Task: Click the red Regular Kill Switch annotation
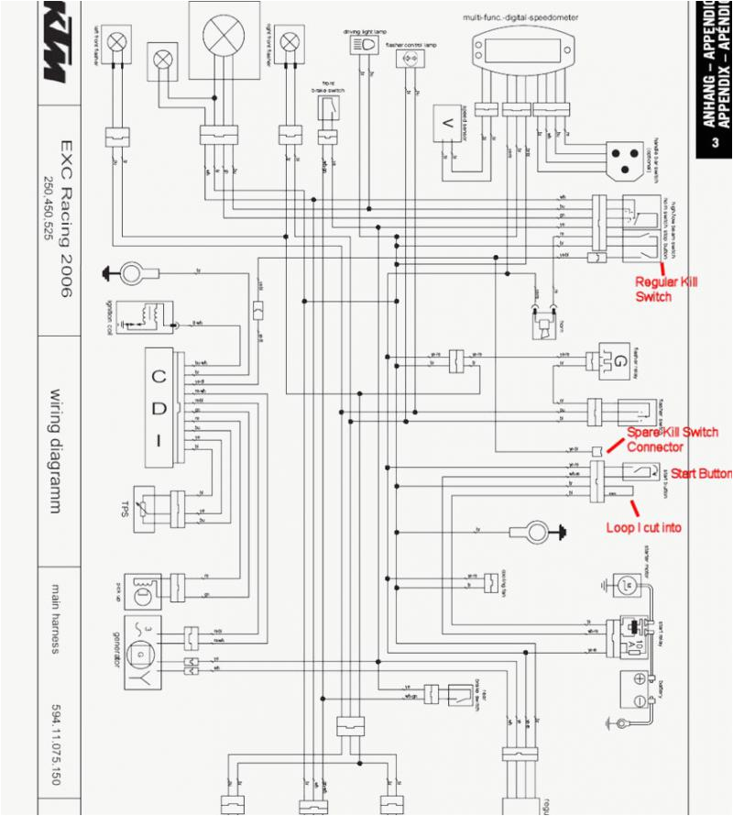(x=666, y=289)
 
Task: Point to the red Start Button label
(x=701, y=473)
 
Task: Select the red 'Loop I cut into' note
(x=644, y=528)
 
